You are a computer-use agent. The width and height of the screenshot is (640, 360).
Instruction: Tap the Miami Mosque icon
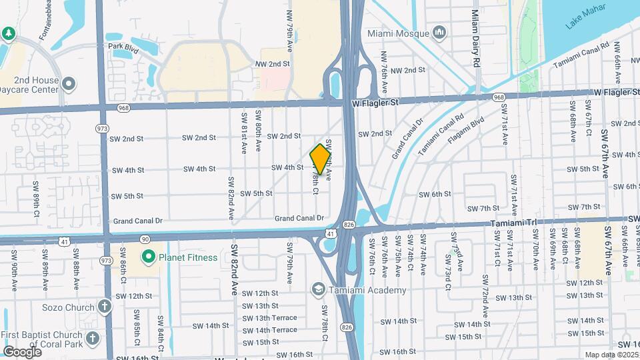point(439,32)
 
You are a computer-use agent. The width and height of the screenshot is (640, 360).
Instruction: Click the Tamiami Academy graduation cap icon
point(318,289)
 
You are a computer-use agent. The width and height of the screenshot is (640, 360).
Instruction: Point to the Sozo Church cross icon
point(104,306)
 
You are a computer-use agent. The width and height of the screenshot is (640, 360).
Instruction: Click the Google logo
point(22,351)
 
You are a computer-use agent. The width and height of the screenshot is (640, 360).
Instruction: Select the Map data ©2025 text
point(611,355)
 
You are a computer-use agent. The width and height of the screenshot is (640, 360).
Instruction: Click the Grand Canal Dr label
point(299,218)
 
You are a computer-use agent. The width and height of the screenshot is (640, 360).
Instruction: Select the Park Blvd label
point(123,47)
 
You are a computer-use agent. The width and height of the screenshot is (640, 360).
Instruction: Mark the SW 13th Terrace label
point(270,317)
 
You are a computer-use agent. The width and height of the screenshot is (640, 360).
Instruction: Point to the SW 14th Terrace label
point(270,330)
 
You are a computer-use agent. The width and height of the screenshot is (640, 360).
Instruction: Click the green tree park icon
point(8,33)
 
